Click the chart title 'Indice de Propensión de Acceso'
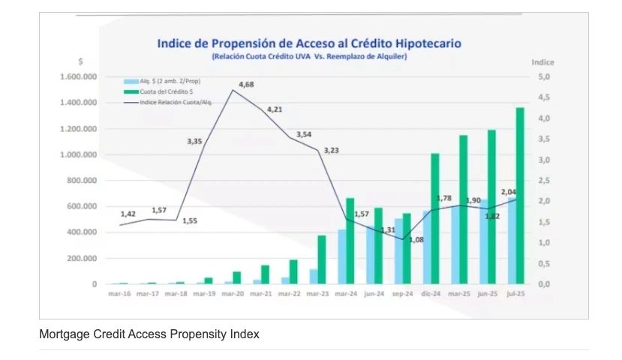[308, 43]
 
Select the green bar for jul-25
[519, 196]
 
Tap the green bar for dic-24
[434, 219]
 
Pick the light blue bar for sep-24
[398, 251]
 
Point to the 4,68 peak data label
[245, 85]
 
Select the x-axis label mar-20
[232, 293]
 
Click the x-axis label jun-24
[374, 293]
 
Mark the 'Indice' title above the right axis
[542, 62]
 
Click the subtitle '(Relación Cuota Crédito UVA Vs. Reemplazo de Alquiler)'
[308, 56]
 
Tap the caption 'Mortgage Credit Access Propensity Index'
[149, 334]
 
